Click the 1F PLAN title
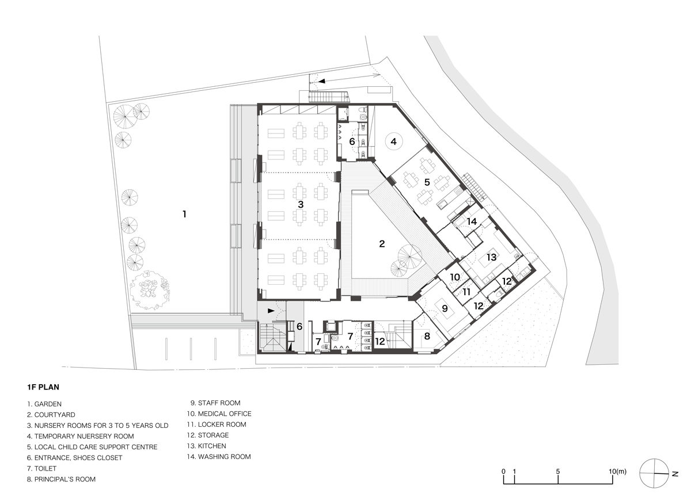(x=44, y=387)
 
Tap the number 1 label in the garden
(x=184, y=214)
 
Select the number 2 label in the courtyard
(x=382, y=243)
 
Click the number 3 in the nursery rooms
(x=301, y=204)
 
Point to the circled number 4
(x=393, y=141)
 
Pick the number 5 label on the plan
(x=427, y=181)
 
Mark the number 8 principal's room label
(x=427, y=336)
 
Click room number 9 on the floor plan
(x=445, y=308)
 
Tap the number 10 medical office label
(x=455, y=277)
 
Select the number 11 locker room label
(x=466, y=292)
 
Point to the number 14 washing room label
(x=472, y=221)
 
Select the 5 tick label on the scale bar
(x=558, y=471)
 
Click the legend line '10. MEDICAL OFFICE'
(x=221, y=414)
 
